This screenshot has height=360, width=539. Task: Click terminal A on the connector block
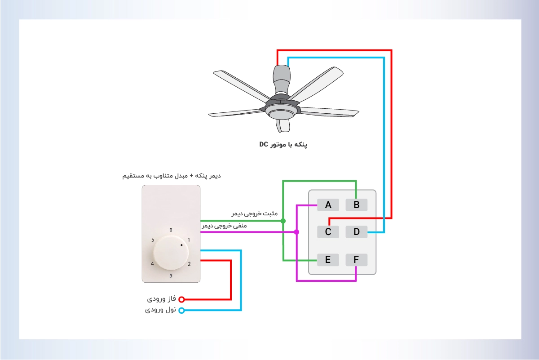pos(328,205)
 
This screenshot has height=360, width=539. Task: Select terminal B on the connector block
pos(356,205)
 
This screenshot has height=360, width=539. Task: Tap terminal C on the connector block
pos(328,232)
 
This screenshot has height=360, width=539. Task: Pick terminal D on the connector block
pos(356,232)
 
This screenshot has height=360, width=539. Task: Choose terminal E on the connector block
pos(328,260)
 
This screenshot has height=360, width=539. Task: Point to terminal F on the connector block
pos(356,260)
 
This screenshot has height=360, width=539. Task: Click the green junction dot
pos(283,221)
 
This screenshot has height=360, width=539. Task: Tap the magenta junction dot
pos(296,232)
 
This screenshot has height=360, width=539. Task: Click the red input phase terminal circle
pos(181,299)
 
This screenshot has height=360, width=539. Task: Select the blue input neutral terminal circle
pos(181,311)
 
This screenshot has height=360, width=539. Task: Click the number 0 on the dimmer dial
pos(171,230)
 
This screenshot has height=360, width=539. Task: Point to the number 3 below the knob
pos(171,276)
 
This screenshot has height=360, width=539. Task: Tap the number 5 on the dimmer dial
pos(153,240)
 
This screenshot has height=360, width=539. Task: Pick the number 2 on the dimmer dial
pos(189,264)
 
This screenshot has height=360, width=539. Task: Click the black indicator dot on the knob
pos(181,245)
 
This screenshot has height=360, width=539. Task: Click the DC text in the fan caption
pos(264,144)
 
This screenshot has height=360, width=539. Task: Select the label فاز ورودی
pos(161,299)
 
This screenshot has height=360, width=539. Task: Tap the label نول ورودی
pos(160,310)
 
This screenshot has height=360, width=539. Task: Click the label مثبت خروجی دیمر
pos(255,213)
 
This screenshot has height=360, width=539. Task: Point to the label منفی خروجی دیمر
pos(224,226)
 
